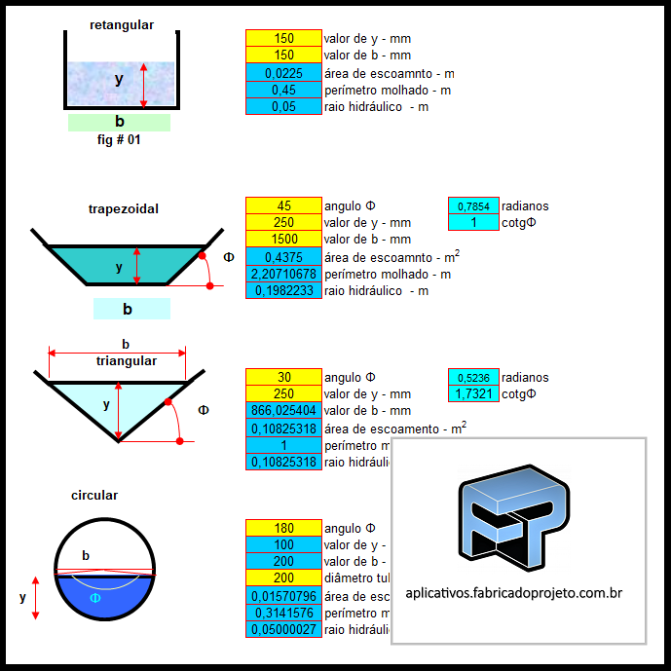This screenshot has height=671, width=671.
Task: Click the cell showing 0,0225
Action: point(283,73)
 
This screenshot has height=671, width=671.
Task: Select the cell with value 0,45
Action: point(283,90)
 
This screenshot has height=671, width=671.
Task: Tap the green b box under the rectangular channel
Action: point(119,123)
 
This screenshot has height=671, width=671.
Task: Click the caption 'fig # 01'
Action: point(119,139)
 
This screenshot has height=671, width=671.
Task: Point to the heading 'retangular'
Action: point(122,25)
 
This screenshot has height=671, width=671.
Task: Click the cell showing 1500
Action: point(283,240)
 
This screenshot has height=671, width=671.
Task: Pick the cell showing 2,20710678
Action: point(283,274)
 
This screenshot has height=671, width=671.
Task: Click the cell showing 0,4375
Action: point(283,257)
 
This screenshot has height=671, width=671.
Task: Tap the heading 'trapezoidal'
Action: point(124,208)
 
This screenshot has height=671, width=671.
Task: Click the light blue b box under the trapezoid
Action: point(131,310)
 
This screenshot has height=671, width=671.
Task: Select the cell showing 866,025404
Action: point(283,411)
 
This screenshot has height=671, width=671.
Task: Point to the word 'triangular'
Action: point(127,361)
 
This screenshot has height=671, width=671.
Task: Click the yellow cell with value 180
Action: point(283,528)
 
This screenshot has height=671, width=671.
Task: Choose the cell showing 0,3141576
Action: point(283,614)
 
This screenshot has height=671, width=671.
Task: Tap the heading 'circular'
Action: point(94,496)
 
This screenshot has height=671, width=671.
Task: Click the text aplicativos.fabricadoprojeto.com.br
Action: point(513,592)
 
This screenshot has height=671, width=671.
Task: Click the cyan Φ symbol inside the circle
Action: point(94,598)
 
